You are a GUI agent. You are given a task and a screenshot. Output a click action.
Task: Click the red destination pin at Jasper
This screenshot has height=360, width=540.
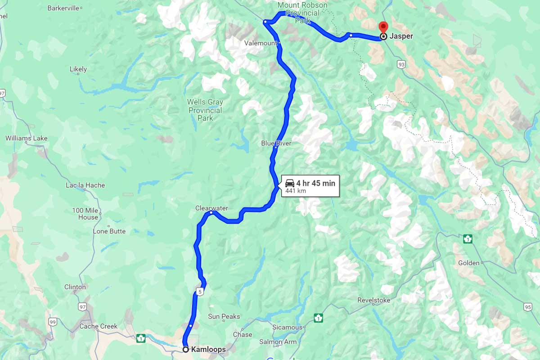pos(383,27)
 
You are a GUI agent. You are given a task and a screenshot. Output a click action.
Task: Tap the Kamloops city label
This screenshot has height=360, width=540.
pos(208,350)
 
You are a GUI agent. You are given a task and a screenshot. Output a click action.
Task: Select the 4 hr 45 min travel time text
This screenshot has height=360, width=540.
pos(315,183)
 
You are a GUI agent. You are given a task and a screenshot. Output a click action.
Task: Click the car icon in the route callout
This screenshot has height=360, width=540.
pos(290,183)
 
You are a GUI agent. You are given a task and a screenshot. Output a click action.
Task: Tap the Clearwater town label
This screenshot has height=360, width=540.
pos(211,208)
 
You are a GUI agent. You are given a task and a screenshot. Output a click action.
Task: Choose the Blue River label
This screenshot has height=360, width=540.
pos(276,143)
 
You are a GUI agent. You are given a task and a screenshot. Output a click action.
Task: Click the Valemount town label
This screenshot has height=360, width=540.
pos(261,43)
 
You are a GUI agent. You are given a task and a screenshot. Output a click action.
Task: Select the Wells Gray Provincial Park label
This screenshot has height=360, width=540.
pos(205,110)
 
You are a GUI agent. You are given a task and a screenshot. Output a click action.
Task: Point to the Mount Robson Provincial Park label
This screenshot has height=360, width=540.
pos(302,13)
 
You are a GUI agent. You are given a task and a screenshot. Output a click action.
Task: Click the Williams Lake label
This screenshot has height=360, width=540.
pos(26,138)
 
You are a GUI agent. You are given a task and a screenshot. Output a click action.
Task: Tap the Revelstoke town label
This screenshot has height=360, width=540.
pos(374,300)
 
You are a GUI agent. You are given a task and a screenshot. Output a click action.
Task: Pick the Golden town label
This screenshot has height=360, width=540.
pos(469,263)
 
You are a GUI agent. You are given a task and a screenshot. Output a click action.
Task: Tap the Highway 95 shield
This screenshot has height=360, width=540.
pos(528,307)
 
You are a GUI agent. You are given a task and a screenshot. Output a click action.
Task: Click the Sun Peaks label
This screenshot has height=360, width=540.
pos(224,317)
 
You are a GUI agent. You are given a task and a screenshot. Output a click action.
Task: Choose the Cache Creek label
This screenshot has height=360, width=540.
pos(98,326)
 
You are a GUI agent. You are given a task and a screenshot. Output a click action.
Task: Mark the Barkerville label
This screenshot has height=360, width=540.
pos(63,8)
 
